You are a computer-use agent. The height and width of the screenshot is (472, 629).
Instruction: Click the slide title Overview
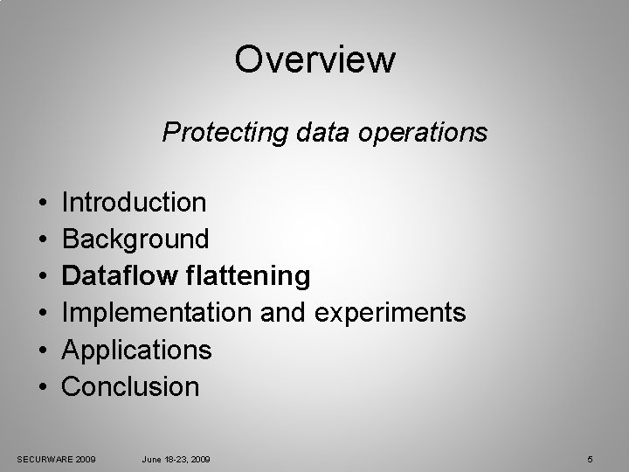click(314, 60)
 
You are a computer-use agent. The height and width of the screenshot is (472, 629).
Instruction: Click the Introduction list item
click(135, 203)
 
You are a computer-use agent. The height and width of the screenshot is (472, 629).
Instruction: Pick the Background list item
click(135, 239)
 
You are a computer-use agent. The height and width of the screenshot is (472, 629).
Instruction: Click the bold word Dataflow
click(121, 276)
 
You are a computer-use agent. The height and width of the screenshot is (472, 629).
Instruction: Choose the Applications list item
click(137, 350)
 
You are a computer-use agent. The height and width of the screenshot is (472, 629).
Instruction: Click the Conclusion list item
click(131, 386)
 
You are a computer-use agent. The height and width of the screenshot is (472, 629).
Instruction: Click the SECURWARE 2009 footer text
click(57, 459)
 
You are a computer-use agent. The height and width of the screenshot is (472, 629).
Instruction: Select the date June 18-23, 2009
click(176, 459)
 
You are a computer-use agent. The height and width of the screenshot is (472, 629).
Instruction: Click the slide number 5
click(591, 459)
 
